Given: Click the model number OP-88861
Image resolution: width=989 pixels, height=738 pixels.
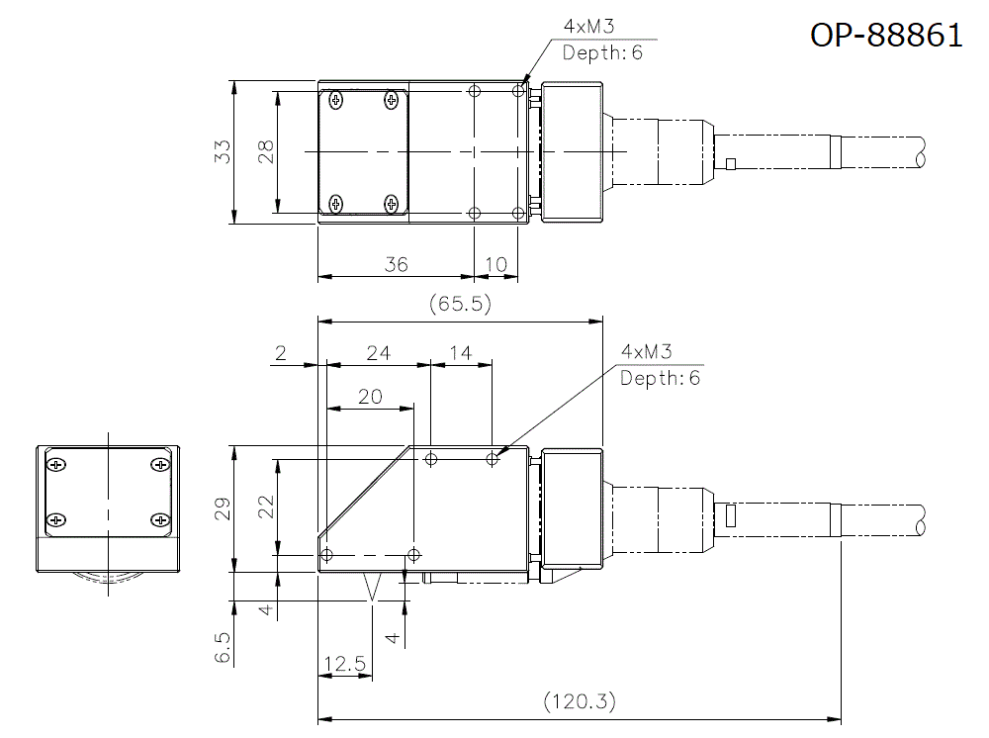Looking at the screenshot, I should pyautogui.click(x=886, y=35).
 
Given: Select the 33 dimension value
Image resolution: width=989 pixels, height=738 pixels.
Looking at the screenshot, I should pyautogui.click(x=224, y=151).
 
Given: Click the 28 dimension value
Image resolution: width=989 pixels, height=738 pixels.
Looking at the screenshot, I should pyautogui.click(x=265, y=151).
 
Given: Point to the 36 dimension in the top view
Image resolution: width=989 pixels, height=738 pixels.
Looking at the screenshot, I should pyautogui.click(x=396, y=264).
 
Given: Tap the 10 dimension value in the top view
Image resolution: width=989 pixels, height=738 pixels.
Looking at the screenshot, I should pyautogui.click(x=496, y=264).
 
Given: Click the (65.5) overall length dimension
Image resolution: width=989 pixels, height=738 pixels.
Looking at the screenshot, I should pyautogui.click(x=460, y=304).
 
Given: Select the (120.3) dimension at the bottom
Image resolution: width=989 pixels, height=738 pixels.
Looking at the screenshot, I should pyautogui.click(x=580, y=701).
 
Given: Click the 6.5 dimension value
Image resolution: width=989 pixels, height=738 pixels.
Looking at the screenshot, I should pyautogui.click(x=224, y=649).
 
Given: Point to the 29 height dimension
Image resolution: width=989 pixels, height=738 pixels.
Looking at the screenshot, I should pyautogui.click(x=224, y=508).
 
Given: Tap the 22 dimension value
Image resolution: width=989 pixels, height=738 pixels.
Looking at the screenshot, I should pyautogui.click(x=265, y=507).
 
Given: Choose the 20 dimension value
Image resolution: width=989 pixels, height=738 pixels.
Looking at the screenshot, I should pyautogui.click(x=370, y=396).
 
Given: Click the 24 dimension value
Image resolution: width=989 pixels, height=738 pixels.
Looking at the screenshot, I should pyautogui.click(x=378, y=352).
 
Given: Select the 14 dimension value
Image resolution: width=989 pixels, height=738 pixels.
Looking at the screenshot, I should pyautogui.click(x=460, y=352).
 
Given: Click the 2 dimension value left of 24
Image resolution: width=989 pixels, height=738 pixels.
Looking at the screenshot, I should pyautogui.click(x=281, y=352).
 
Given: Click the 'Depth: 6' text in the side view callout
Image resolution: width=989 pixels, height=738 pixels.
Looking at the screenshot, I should pyautogui.click(x=660, y=378).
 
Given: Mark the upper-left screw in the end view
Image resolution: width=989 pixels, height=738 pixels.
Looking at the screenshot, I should pyautogui.click(x=56, y=464).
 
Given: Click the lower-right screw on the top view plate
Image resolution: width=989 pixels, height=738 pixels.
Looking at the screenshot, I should pyautogui.click(x=393, y=205).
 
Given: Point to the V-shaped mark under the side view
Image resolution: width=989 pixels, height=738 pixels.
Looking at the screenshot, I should pyautogui.click(x=373, y=588).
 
